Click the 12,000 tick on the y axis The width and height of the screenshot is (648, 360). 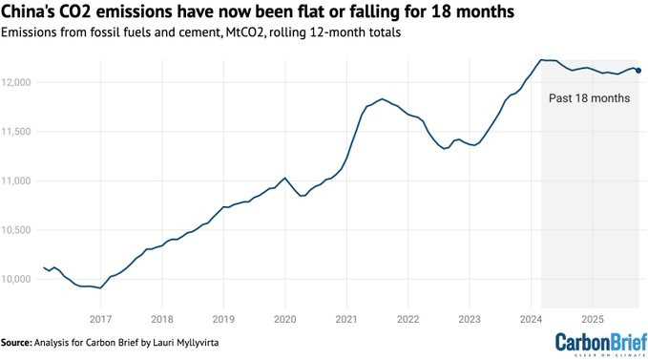[17, 82]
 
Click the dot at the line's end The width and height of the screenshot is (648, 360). [638, 70]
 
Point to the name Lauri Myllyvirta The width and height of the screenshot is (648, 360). [186, 341]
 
